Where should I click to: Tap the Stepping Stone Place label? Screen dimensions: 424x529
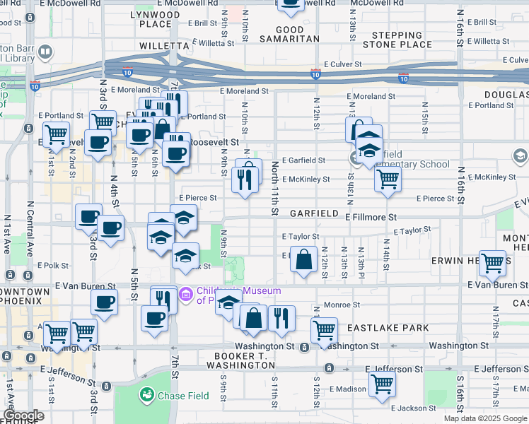[x=397, y=40]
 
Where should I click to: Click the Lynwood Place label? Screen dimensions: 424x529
[x=156, y=19]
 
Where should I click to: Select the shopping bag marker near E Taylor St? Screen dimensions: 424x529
[x=303, y=259]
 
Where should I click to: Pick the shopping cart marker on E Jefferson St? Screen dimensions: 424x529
[x=382, y=384]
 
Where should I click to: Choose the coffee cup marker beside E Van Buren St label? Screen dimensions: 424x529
[x=105, y=303]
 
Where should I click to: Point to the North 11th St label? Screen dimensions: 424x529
[x=274, y=187]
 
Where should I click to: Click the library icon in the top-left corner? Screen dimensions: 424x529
[x=46, y=52]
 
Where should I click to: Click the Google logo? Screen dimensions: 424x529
[x=23, y=416]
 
